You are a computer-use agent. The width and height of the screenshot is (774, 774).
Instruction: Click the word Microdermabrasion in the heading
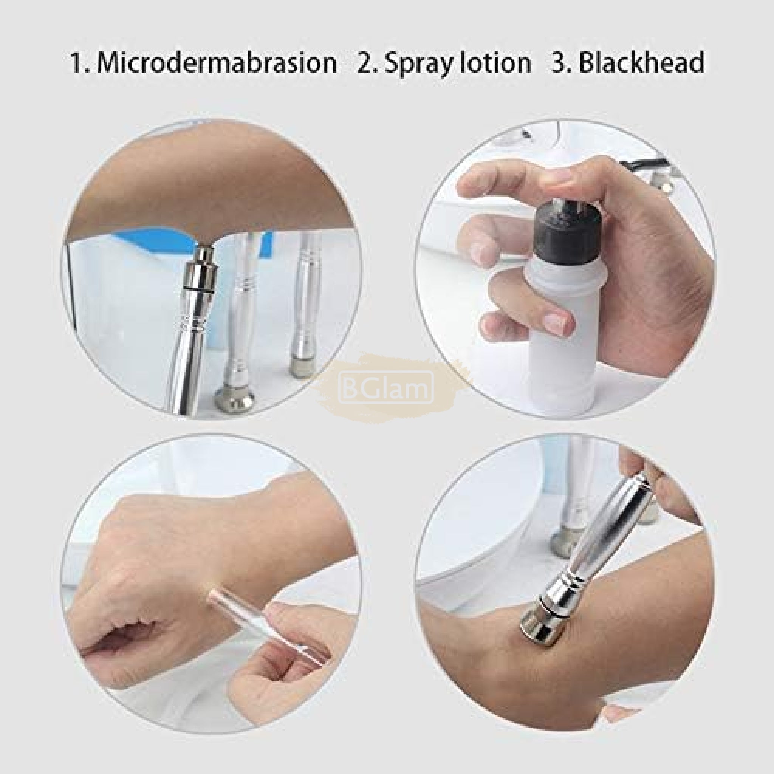point(217,63)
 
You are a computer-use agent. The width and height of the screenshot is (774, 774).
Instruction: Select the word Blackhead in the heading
point(641,62)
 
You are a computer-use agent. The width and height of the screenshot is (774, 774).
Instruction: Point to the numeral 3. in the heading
point(562,62)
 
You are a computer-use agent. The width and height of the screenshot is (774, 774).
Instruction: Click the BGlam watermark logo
point(386,387)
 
